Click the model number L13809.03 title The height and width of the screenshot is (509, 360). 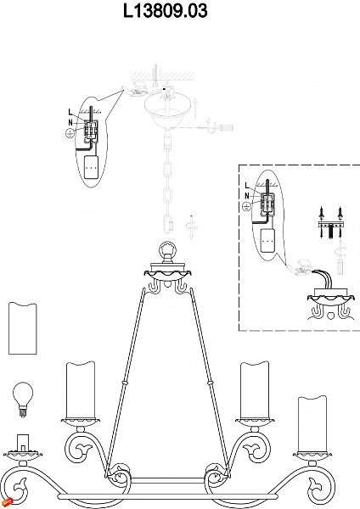point(165,11)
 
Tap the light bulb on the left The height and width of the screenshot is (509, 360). point(23,400)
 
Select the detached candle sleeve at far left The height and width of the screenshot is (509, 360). point(22,328)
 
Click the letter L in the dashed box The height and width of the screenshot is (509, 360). point(247,185)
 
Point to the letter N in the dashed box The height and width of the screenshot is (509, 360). point(247,196)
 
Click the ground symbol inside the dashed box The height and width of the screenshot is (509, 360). point(247,206)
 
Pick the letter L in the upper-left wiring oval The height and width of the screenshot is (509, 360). point(70,112)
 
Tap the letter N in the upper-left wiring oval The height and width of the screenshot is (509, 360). point(70,123)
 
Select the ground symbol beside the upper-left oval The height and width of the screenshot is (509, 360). point(70,133)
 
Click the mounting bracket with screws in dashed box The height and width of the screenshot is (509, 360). point(330,224)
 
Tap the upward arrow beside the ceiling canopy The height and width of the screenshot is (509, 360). point(195,108)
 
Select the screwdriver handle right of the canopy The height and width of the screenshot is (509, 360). point(226,127)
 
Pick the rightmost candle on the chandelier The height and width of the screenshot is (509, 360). point(312,422)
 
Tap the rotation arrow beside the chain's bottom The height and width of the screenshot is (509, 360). point(191,227)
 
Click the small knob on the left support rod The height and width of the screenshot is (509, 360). point(123,383)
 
